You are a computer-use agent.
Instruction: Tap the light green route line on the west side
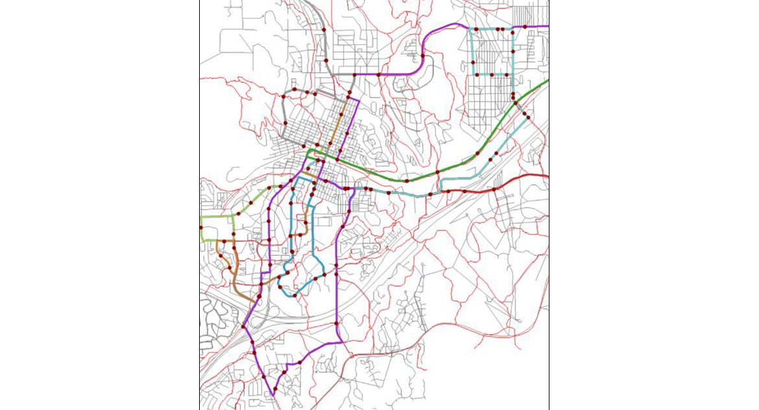tap(217, 217)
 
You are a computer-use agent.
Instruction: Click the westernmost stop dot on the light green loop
tap(201, 228)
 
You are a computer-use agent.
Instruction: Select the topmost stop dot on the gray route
tap(323, 30)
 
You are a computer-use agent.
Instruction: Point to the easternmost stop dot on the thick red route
tap(494, 189)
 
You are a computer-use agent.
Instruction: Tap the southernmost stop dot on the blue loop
tap(296, 295)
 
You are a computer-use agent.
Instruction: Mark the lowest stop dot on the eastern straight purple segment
tap(337, 324)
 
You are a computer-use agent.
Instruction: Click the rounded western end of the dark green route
tap(310, 154)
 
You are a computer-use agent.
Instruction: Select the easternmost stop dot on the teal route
tap(527, 117)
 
